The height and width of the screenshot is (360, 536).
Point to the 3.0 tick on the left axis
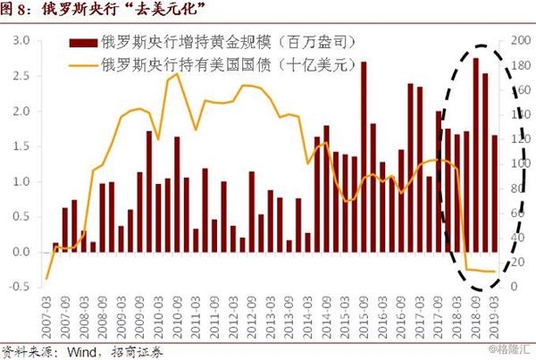tap(22, 41)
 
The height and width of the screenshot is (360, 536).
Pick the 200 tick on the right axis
tap(516, 41)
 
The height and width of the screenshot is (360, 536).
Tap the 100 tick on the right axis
tap(516, 163)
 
